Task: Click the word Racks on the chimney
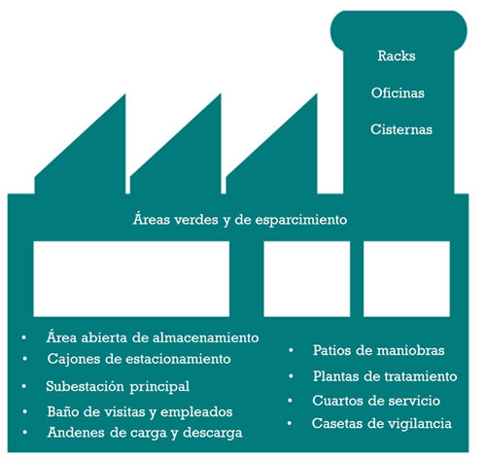pos(397,55)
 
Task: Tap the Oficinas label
pos(398,93)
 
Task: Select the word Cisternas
pos(401,129)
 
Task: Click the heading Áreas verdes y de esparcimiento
pos(240,220)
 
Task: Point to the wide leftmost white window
pos(131,279)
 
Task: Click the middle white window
pos(307,279)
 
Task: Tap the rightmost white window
pos(406,279)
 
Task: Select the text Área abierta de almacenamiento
pos(153,337)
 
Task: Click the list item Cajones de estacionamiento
pos(139,359)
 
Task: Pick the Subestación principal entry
pos(118,386)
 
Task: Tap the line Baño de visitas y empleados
pos(140,412)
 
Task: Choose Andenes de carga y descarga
pos(145,433)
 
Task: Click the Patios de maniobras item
pos(378,350)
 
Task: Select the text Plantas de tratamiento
pos(385,376)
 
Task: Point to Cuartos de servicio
pos(376,401)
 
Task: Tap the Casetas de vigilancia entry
pos(382,423)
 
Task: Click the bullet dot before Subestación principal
pos(24,386)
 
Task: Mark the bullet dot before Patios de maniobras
pos(291,350)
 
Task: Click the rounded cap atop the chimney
pos(399,31)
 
